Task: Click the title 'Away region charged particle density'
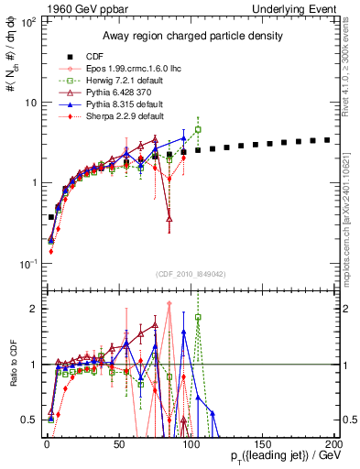click(x=187, y=37)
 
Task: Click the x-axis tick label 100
click(x=191, y=442)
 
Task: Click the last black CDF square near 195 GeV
click(x=327, y=140)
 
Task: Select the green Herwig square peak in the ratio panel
click(x=198, y=318)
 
